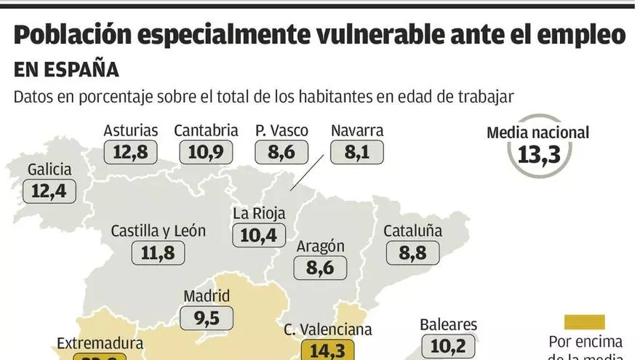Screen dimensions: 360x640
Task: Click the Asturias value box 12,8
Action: pyautogui.click(x=131, y=153)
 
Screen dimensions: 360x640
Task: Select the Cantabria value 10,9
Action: pyautogui.click(x=206, y=153)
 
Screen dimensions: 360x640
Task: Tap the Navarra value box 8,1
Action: pyautogui.click(x=356, y=153)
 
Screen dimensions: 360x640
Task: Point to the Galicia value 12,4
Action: pyautogui.click(x=49, y=192)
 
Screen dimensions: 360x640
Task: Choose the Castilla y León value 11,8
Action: pyautogui.click(x=158, y=253)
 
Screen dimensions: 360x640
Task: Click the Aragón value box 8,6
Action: pyautogui.click(x=320, y=268)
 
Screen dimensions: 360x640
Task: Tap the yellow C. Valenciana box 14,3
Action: pyautogui.click(x=327, y=350)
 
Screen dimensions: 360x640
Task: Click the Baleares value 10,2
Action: pyautogui.click(x=448, y=346)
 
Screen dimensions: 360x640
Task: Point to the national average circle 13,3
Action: pyautogui.click(x=539, y=154)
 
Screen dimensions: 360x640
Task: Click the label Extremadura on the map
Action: pyautogui.click(x=100, y=343)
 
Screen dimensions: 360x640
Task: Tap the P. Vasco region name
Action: pyautogui.click(x=281, y=131)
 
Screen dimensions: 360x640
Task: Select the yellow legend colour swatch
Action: pyautogui.click(x=584, y=321)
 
